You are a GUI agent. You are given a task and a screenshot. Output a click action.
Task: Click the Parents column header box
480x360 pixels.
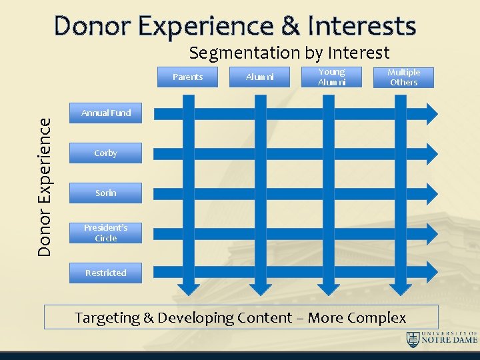(x=187, y=77)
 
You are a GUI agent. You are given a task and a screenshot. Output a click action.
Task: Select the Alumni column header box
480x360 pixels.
(x=259, y=77)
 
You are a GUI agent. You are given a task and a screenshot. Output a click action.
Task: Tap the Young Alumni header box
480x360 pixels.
(x=331, y=77)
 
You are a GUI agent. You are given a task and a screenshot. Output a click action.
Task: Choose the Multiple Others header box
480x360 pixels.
(x=403, y=77)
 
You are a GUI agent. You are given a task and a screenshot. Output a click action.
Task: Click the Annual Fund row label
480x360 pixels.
(x=106, y=113)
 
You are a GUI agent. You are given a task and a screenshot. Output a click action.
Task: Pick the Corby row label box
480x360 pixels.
(x=106, y=153)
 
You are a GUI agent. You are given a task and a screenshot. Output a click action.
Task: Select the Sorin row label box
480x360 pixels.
(x=106, y=193)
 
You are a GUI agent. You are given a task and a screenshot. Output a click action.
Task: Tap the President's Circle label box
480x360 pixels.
(x=106, y=233)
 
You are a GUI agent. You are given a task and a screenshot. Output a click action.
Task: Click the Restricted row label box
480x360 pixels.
(x=106, y=273)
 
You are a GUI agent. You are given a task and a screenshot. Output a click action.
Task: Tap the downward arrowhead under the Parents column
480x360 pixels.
(x=188, y=287)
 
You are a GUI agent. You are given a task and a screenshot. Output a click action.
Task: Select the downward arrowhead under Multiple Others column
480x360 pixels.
(x=400, y=287)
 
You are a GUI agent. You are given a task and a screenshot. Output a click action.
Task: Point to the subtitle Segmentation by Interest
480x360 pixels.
(x=289, y=52)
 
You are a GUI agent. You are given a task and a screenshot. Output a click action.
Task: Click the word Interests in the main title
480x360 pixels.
(x=362, y=25)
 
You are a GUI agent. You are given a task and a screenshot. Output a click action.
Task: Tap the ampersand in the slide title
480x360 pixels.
(x=291, y=25)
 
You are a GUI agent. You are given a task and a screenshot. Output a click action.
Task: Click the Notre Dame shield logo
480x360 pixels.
(x=413, y=339)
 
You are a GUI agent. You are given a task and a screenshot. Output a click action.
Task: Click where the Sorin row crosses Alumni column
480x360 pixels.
(x=260, y=193)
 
